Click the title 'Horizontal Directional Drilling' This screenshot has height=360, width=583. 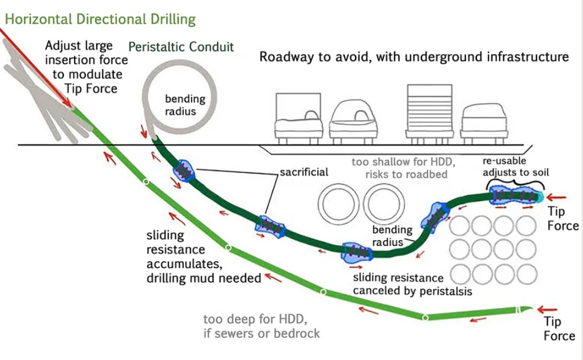point(100,19)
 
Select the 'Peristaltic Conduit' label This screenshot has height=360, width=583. point(181,47)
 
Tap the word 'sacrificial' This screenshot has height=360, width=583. point(304,172)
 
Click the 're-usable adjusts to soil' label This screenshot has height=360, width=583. point(516,166)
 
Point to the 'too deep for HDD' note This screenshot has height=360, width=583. point(262,326)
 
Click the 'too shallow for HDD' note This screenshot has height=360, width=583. point(404,168)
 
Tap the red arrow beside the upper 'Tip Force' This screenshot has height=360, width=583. point(556,198)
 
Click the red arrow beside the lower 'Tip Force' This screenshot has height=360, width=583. point(547,309)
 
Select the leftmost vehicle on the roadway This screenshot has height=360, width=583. point(298,118)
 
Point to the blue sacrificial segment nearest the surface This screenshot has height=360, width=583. point(184,171)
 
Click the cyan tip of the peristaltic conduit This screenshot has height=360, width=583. point(539,197)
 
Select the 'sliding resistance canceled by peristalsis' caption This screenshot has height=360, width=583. point(412,284)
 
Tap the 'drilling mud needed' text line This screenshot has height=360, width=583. point(204,278)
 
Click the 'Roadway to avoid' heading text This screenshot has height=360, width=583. point(414,57)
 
